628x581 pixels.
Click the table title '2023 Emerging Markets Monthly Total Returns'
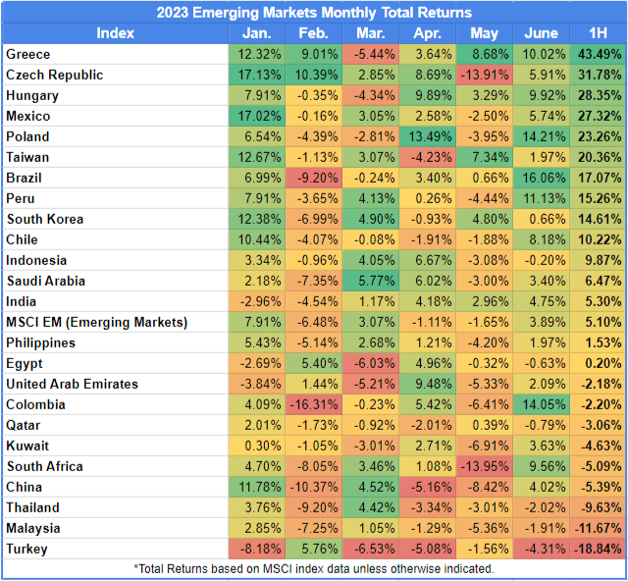point(314,13)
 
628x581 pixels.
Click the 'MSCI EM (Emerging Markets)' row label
point(95,322)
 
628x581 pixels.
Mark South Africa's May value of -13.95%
point(480,466)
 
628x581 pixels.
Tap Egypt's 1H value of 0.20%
point(599,363)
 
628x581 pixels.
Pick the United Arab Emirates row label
point(72,384)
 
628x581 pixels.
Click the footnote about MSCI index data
point(313,568)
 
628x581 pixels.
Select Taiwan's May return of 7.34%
point(480,157)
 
